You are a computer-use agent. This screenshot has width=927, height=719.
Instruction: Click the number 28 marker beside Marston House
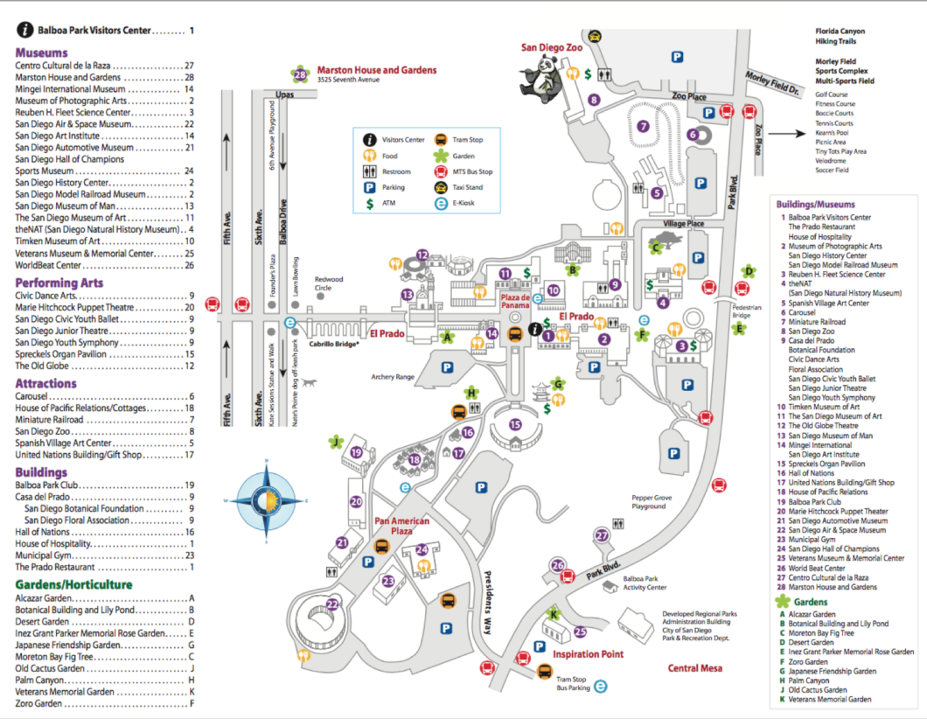click(302, 74)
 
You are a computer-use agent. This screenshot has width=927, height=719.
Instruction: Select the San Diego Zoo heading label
click(552, 48)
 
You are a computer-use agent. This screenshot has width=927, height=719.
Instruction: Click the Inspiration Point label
click(589, 654)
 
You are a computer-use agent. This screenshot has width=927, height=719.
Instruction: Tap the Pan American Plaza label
click(402, 527)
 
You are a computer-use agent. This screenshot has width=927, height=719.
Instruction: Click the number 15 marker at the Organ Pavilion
click(515, 424)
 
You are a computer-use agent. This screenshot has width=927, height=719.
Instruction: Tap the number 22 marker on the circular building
click(332, 604)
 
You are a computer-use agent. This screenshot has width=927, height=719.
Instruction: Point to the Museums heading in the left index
click(41, 52)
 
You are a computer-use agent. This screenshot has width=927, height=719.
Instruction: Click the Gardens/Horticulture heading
click(73, 584)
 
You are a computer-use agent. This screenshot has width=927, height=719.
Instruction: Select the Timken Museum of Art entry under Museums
click(59, 241)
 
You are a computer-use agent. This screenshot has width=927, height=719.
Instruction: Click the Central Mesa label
click(695, 668)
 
